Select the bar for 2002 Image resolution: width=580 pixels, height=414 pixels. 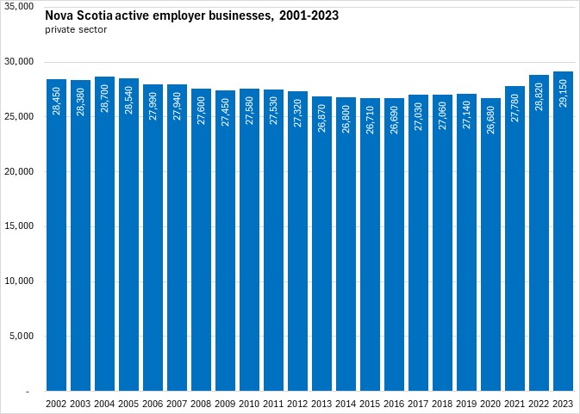pos(57,241)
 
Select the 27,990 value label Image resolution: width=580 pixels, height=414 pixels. pos(153,108)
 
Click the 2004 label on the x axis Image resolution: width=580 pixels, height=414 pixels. pos(105,404)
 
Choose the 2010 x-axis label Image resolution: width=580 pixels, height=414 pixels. pos(250,404)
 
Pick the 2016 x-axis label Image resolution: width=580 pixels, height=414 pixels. pos(395,404)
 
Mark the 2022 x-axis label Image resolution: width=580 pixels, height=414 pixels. pos(539,404)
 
